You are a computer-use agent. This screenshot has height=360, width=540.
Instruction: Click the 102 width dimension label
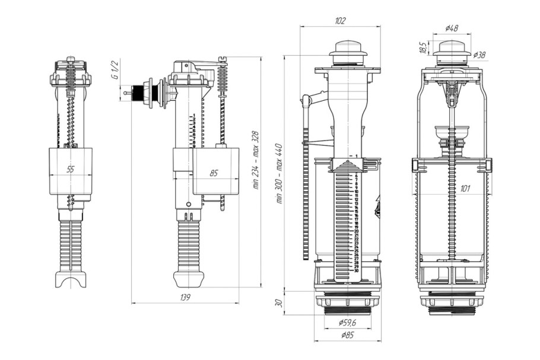pos(340,21)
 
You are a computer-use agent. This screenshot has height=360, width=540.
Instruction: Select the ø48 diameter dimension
pos(452,28)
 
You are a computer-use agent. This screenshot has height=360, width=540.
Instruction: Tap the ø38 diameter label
pos(479,55)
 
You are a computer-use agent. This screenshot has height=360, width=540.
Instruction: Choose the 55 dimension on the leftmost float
pos(70,170)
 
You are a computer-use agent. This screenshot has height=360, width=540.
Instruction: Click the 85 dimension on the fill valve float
pos(214,174)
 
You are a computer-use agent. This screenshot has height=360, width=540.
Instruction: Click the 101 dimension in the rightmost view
pos(465,189)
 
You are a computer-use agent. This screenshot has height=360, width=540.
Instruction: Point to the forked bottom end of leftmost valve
pos(70,279)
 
